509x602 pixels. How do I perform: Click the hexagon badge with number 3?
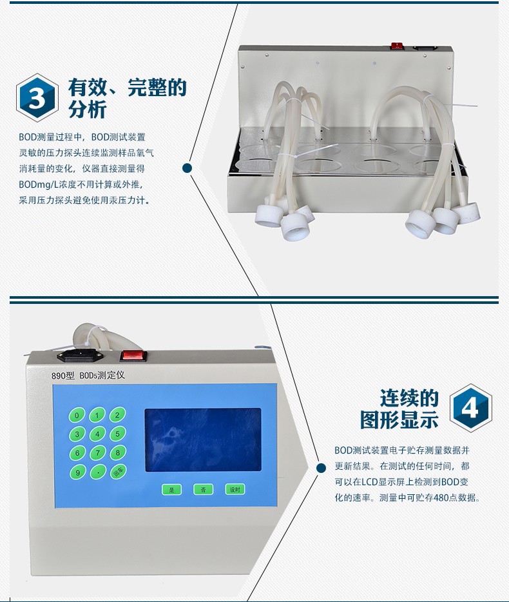coord(37,97)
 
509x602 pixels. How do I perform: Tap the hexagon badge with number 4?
coord(471,408)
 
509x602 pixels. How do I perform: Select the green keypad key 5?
coord(118,434)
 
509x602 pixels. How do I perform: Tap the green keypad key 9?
coord(77,472)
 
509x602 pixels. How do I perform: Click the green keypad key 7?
coord(98,454)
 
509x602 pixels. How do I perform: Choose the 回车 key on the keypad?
coord(118,472)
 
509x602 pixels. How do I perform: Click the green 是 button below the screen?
coord(171,490)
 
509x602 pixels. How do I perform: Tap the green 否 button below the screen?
coord(203,489)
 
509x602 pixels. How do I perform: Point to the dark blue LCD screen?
coord(203,440)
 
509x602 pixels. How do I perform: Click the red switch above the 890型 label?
coord(134,356)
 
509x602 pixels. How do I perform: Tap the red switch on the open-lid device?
coord(398,46)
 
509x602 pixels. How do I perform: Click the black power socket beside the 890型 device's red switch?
coord(81,356)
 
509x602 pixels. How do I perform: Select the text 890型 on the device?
coord(63,376)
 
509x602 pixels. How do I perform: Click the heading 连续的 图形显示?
coord(399,408)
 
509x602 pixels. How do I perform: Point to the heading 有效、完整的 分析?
coord(128,98)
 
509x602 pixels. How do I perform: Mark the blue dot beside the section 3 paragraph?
coord(187,168)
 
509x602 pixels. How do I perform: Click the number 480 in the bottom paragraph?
coord(441,497)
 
